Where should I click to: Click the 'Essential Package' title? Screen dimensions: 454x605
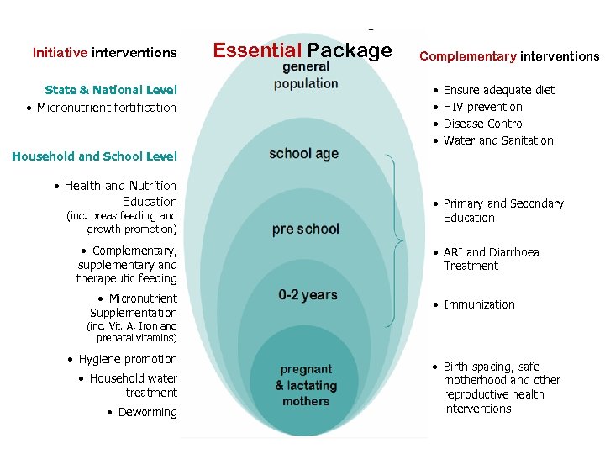pos(302,50)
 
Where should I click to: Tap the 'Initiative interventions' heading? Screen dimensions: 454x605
pos(104,52)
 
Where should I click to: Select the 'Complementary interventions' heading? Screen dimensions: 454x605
pos(509,56)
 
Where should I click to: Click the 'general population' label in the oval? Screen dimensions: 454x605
pos(306,76)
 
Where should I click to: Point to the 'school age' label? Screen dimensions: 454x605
pos(303,153)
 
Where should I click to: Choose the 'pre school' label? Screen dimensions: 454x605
pos(306,229)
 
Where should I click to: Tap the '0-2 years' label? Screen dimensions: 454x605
pos(308,295)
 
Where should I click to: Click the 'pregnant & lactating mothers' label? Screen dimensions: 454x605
pos(306,385)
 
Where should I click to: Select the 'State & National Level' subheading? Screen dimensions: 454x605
pos(111,90)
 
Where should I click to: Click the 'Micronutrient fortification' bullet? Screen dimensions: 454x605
pos(106,108)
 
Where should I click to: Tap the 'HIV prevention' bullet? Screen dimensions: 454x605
pos(482,107)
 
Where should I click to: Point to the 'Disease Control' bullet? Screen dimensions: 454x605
pos(484,124)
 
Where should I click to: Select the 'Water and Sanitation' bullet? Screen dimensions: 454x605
pos(498,140)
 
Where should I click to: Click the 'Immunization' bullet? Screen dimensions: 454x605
pos(479,304)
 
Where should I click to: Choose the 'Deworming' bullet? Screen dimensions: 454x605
pos(147,412)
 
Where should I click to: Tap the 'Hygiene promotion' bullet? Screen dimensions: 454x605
pos(128,359)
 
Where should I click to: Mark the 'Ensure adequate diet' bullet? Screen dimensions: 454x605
pos(498,90)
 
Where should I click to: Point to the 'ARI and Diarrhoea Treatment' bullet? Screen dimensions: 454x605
pos(491,259)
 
